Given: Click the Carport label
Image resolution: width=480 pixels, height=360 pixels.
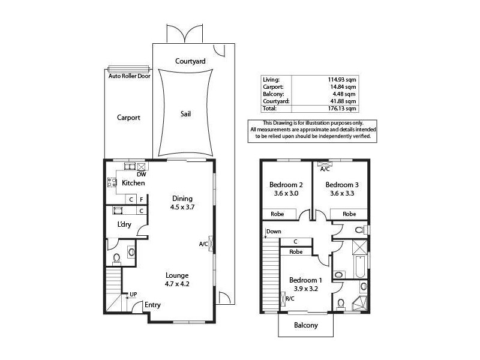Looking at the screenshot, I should pyautogui.click(x=128, y=118).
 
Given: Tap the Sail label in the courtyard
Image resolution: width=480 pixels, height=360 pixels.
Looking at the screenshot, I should pyautogui.click(x=186, y=113).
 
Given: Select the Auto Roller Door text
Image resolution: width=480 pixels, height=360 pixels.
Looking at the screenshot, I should pyautogui.click(x=129, y=76).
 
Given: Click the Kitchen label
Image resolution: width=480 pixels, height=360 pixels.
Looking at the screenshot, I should pyautogui.click(x=133, y=182).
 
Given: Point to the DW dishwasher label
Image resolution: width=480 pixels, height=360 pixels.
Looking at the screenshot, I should pyautogui.click(x=142, y=175).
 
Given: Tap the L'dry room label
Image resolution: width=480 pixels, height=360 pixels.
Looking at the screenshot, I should pyautogui.click(x=125, y=224).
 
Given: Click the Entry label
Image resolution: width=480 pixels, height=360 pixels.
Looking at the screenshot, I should pyautogui.click(x=152, y=305).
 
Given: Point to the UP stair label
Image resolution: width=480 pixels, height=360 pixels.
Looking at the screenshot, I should pyautogui.click(x=133, y=294).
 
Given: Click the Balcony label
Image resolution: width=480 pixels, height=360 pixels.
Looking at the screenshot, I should pyautogui.click(x=305, y=326).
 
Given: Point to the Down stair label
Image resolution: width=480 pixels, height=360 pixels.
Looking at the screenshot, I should pyautogui.click(x=274, y=231).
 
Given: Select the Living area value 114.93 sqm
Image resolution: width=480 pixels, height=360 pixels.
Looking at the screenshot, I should pyautogui.click(x=343, y=79).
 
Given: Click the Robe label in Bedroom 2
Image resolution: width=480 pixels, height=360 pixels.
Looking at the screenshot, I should pyautogui.click(x=277, y=213).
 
